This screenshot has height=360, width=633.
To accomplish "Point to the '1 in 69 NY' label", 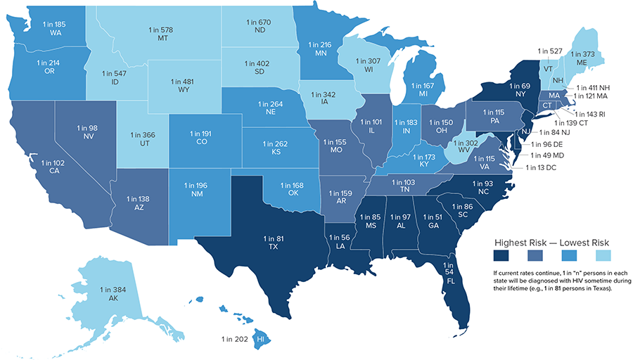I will (x=520, y=89).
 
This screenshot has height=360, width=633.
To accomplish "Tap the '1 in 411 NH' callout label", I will (x=592, y=87).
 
